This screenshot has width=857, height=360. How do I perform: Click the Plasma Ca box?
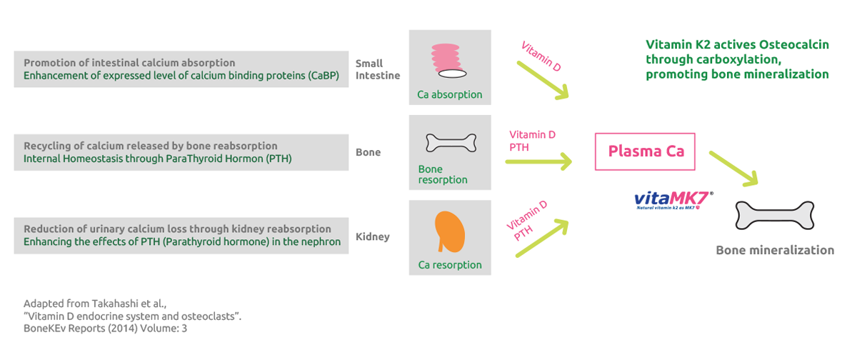645,151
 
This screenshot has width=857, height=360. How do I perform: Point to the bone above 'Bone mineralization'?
775,214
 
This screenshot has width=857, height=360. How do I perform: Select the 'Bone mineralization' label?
775,250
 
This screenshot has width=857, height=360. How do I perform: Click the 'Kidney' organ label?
372,236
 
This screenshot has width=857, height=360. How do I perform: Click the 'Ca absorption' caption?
449,94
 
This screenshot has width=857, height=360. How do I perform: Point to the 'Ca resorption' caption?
449,265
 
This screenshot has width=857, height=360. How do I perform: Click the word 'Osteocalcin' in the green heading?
796,44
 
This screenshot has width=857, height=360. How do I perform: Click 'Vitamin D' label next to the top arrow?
541,56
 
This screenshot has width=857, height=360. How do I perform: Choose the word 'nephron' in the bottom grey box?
319,241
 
